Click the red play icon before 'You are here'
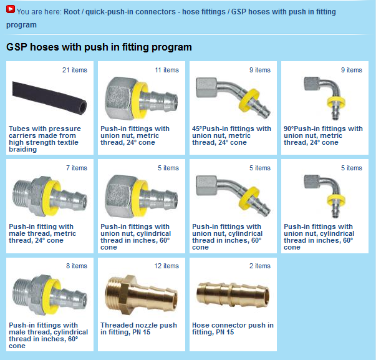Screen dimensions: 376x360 tap(11, 9)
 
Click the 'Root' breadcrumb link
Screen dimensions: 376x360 tap(72, 11)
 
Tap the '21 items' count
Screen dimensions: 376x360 tap(75, 70)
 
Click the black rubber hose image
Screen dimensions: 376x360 tap(49, 98)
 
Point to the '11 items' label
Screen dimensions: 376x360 tap(166, 70)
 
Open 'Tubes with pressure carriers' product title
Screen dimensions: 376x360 tap(45, 139)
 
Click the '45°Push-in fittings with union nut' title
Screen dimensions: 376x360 tap(231, 135)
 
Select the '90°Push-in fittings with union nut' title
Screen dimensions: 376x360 tap(323, 135)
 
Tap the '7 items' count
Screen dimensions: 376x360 tap(77, 168)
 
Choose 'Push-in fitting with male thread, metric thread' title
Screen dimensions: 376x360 tap(42, 233)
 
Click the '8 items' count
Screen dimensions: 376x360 tap(77, 266)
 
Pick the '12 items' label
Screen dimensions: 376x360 tap(166, 266)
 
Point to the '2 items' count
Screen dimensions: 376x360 tap(259, 266)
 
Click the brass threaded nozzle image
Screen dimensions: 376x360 tap(142, 294)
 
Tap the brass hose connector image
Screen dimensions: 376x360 tap(233, 294)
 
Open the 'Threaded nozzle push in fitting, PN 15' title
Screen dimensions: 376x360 tap(138, 329)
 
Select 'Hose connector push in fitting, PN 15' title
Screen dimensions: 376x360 tap(233, 329)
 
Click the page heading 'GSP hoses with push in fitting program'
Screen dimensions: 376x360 tap(99, 47)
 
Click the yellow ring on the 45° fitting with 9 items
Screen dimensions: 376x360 tap(249, 99)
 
